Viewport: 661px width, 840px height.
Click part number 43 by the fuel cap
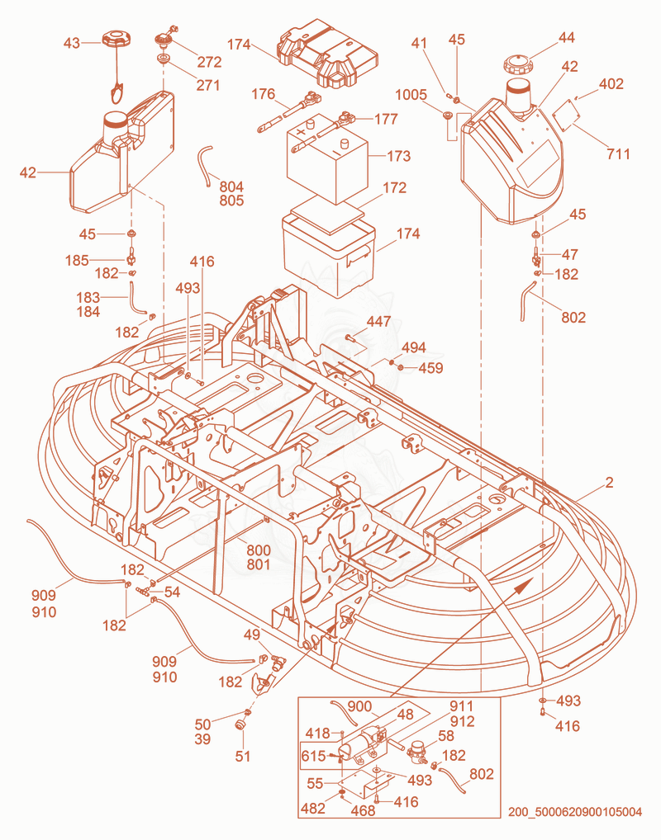pyautogui.click(x=72, y=43)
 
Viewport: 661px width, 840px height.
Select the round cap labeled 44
pyautogui.click(x=517, y=64)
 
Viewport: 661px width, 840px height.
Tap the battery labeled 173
pyautogui.click(x=327, y=158)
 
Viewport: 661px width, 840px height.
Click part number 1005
pyautogui.click(x=411, y=95)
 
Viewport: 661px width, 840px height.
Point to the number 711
pyautogui.click(x=618, y=153)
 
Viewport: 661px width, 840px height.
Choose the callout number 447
pyautogui.click(x=378, y=322)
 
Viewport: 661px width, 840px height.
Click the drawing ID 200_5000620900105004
pyautogui.click(x=575, y=812)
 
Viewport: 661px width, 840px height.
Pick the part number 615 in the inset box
pyautogui.click(x=313, y=756)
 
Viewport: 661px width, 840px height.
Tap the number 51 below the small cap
pyautogui.click(x=243, y=757)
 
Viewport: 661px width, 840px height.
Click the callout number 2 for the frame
pyautogui.click(x=609, y=482)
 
